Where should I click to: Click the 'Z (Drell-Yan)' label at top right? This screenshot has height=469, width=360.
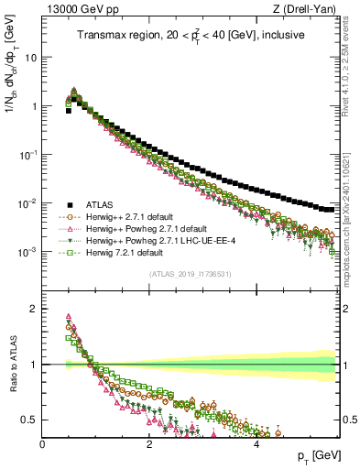[308, 10]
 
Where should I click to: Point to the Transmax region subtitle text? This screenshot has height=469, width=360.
[190, 37]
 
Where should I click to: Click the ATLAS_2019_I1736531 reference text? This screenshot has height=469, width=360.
[189, 274]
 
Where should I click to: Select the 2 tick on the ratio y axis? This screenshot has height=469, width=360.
[35, 308]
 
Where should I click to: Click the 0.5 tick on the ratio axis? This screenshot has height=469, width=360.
[30, 420]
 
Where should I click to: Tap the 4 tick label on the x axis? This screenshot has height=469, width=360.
[256, 442]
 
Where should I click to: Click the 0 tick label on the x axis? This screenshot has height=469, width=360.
[42, 442]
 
